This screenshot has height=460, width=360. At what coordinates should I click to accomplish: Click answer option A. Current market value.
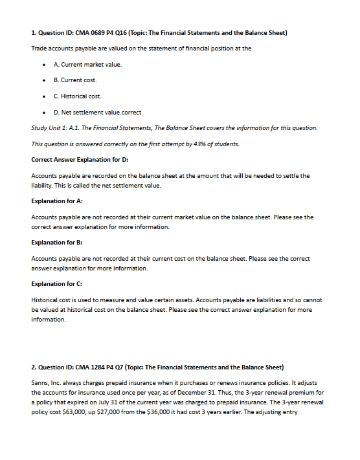click(87, 64)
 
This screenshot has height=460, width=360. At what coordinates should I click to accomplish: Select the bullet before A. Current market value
click(42, 65)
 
